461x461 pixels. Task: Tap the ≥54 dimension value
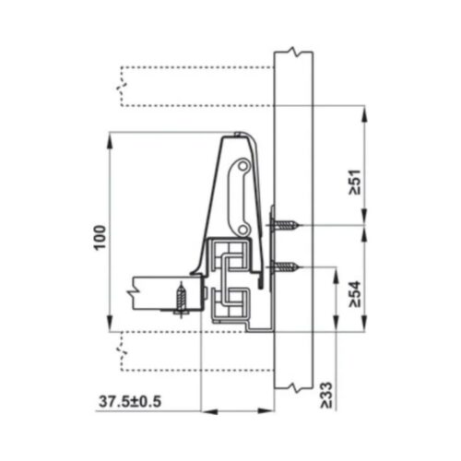click(354, 292)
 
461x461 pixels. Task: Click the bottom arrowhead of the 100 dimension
click(111, 325)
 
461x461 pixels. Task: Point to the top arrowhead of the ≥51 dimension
click(366, 112)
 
